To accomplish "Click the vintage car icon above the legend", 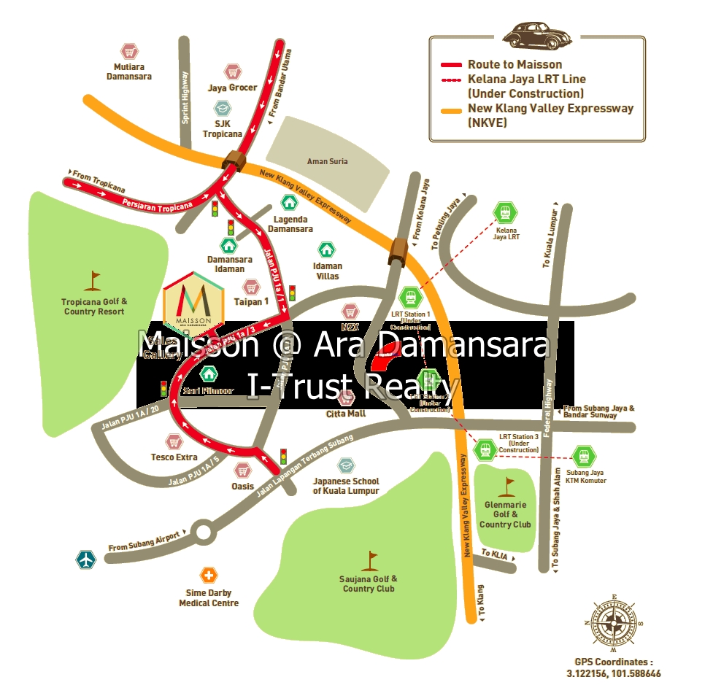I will [x=536, y=34].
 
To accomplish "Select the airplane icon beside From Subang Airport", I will [x=87, y=560].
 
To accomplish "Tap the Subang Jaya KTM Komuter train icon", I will [x=582, y=457].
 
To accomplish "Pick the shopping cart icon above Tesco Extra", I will [x=174, y=441].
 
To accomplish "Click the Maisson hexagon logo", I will [x=193, y=301].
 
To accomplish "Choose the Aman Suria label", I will [x=328, y=161].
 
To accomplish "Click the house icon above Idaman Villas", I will [x=328, y=249].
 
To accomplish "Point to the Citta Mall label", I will [x=346, y=414].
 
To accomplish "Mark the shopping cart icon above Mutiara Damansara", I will [x=129, y=52].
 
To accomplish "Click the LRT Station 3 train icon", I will [x=485, y=450].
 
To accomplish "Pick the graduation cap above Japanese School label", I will [x=345, y=465].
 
